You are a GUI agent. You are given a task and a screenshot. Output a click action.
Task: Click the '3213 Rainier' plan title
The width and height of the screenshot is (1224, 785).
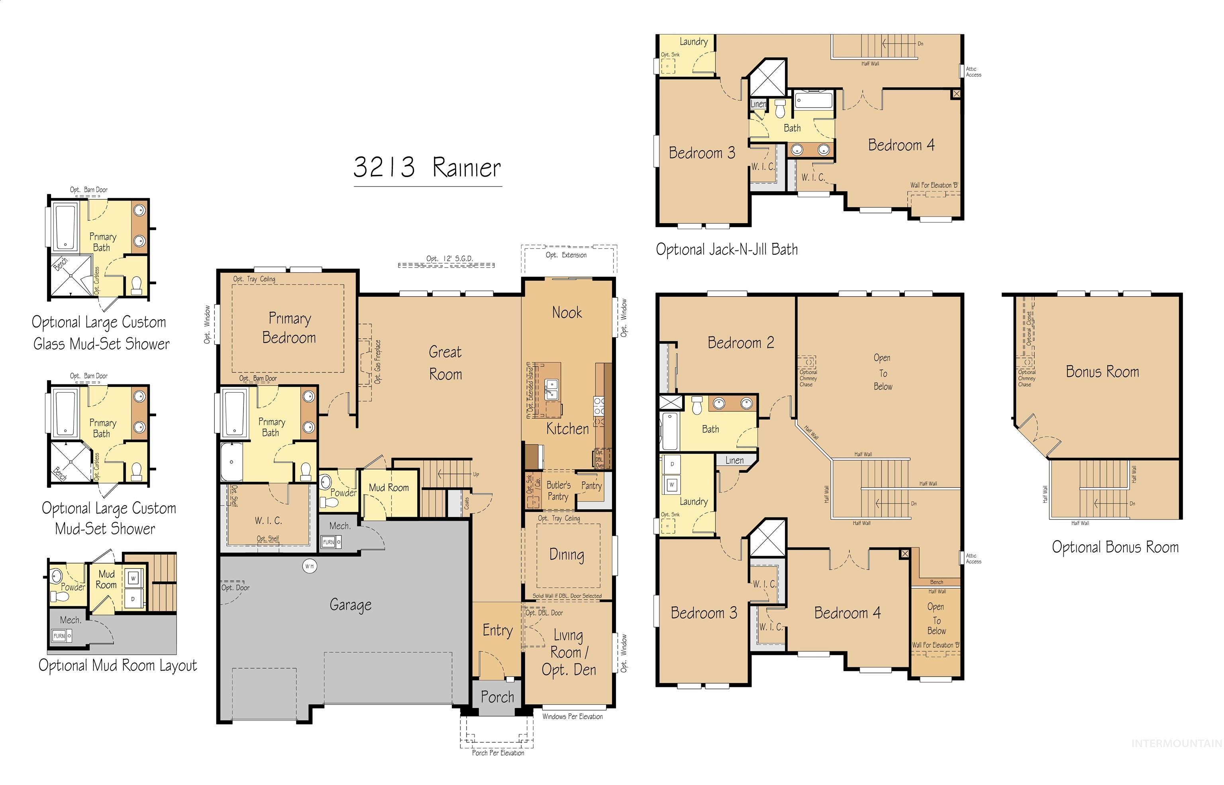point(428,167)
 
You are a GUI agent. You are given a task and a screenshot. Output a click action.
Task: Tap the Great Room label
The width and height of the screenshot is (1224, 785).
point(445,363)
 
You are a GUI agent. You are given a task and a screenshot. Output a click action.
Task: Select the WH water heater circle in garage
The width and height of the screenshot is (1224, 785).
point(309,566)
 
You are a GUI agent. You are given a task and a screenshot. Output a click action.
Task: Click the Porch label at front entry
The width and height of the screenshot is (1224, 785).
point(497,697)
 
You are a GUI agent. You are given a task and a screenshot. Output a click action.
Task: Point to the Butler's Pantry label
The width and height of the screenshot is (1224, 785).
point(558,490)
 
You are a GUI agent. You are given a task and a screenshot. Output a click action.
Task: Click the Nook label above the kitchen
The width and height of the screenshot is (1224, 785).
point(567,313)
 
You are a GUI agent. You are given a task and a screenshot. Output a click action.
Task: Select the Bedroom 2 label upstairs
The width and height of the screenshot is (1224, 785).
point(741,342)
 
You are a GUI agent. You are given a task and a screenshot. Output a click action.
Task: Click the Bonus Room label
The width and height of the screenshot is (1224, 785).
point(1102,372)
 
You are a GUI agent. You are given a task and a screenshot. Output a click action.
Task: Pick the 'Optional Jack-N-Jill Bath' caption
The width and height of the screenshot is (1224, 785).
point(726,249)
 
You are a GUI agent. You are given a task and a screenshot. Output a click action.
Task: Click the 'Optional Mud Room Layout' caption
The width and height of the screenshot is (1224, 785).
point(118,665)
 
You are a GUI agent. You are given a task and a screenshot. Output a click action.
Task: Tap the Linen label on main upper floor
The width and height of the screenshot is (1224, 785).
point(734,460)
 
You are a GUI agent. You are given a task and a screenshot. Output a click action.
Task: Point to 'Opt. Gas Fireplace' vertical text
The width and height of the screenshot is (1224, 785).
point(377,362)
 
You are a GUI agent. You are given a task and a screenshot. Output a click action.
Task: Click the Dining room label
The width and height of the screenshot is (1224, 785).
point(567,554)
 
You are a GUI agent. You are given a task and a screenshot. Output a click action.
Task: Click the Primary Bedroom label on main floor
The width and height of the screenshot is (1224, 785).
point(289,328)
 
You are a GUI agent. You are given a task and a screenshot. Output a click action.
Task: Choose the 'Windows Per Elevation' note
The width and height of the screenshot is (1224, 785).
point(572,716)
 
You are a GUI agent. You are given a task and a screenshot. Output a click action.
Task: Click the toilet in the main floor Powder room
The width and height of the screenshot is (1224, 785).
point(329,503)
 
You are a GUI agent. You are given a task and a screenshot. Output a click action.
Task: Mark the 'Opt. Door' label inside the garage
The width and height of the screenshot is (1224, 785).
point(235,588)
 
